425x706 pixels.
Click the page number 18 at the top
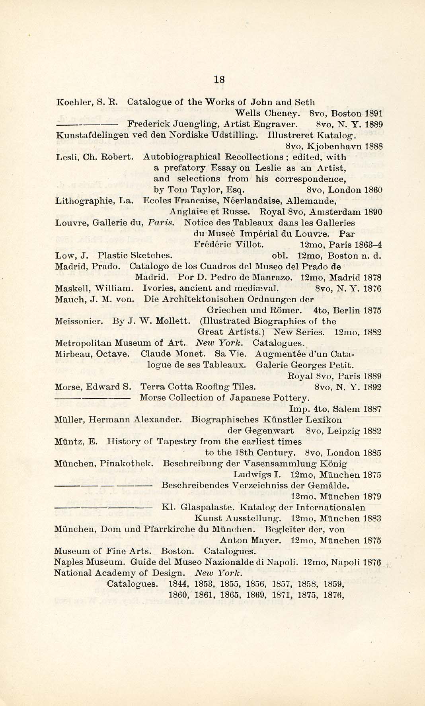[x=219, y=79]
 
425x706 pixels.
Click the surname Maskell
[x=68, y=288]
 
